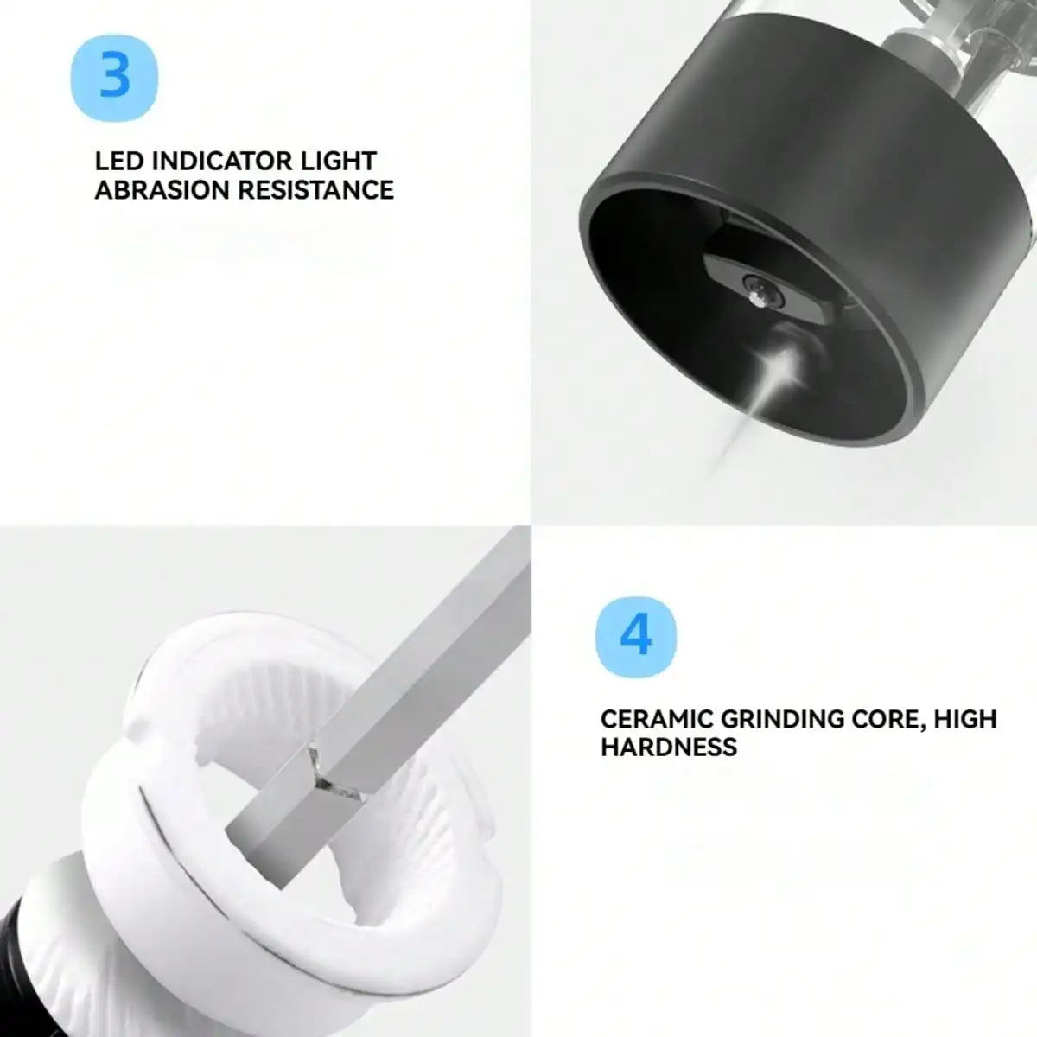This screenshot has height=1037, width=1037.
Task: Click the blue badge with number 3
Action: click(114, 76)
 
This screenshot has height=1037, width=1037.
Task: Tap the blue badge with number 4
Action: click(636, 638)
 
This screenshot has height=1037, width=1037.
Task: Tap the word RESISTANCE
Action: click(315, 190)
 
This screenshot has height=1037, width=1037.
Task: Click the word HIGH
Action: click(965, 719)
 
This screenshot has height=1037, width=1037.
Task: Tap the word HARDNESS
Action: click(669, 748)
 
